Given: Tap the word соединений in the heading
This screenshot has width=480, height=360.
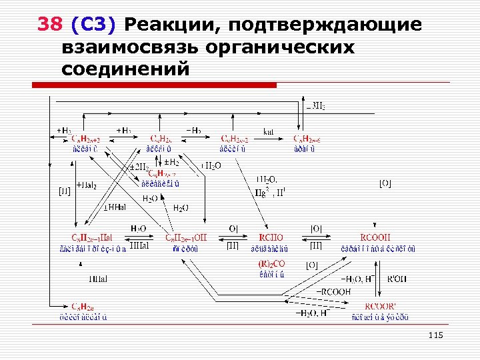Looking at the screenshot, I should click(x=125, y=69).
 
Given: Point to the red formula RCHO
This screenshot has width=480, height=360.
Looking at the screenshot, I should click(x=271, y=237).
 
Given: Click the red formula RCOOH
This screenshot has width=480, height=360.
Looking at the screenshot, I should click(x=376, y=237).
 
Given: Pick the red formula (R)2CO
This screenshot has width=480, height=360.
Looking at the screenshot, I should click(x=272, y=264).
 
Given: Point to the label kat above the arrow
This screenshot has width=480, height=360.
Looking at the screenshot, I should click(x=269, y=131).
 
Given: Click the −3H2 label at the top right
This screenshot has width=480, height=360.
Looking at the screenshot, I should click(x=315, y=106).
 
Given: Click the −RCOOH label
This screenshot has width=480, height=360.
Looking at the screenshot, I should click(x=331, y=291).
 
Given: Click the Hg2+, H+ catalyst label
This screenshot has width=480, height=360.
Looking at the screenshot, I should click(x=270, y=191).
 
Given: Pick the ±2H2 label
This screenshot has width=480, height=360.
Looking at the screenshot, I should click(x=139, y=166).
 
